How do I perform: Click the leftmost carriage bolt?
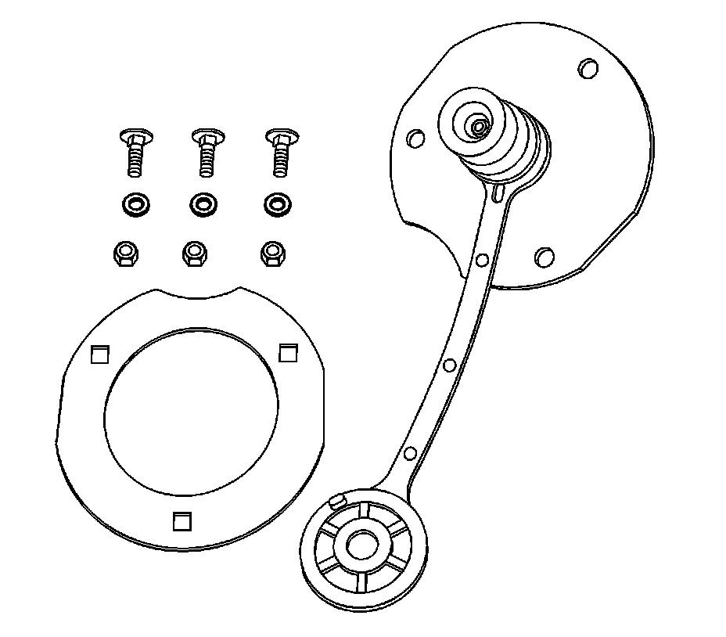134,154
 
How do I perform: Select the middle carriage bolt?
205,154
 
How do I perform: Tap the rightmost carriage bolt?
279,153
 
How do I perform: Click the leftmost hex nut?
125,253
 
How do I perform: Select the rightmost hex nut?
271,253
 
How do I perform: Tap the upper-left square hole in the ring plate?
99,354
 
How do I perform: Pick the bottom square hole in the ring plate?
182,520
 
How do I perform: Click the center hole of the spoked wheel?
361,545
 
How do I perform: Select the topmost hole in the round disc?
587,68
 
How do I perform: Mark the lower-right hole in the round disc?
544,257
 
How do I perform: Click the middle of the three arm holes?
449,365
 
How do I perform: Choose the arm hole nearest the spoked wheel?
409,453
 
